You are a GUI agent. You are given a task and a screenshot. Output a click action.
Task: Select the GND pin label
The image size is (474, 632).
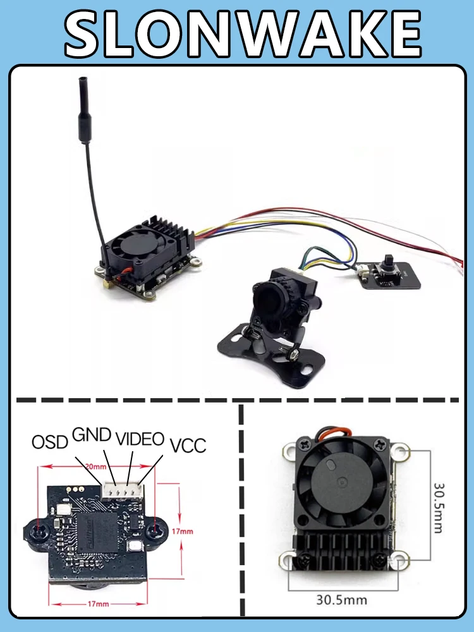point(92,435)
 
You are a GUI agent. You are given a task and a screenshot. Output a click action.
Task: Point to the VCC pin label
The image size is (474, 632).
point(188,445)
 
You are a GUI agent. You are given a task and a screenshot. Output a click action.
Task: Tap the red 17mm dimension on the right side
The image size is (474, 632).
point(182,531)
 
